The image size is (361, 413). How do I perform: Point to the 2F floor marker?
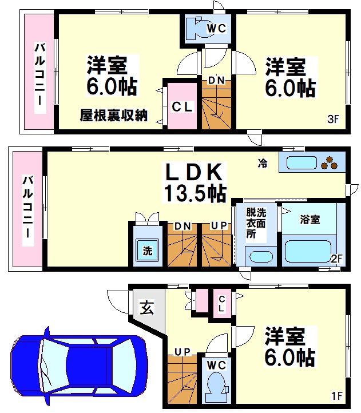click(336, 259)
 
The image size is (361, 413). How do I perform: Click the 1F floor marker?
click(338, 395)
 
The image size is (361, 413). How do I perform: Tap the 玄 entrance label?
click(146, 309)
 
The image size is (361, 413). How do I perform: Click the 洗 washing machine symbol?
click(147, 250)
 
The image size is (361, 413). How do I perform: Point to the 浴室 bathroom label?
click(310, 219)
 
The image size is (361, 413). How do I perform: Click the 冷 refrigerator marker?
click(262, 164)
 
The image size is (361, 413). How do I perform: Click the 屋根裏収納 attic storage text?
click(113, 116)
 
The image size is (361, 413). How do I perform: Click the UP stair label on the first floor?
click(183, 351)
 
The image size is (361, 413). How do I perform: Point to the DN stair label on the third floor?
click(216, 81)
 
